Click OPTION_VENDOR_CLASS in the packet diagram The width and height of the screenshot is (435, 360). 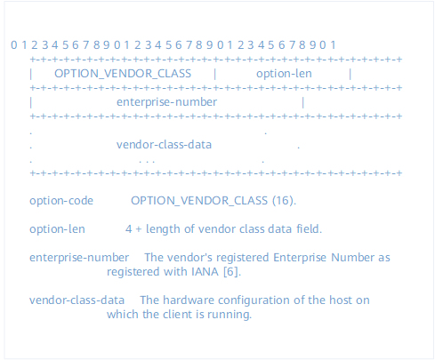coord(123,74)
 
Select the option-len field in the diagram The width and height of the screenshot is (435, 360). coord(284,74)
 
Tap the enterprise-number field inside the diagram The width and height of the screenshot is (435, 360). coord(166,102)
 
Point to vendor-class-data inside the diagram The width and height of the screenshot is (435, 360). coord(164,145)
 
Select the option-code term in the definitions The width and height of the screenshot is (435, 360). coord(61,201)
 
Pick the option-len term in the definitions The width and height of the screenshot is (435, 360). coord(57,229)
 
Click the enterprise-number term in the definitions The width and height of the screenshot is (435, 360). coord(79,258)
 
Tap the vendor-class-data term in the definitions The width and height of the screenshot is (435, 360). coord(77,300)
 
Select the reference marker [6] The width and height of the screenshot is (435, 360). coord(232,272)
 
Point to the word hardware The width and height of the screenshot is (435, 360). coord(189,300)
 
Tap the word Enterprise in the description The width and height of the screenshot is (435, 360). coord(300,258)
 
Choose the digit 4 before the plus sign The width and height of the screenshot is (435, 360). coord(129,229)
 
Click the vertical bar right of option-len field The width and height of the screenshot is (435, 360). coord(350,74)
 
